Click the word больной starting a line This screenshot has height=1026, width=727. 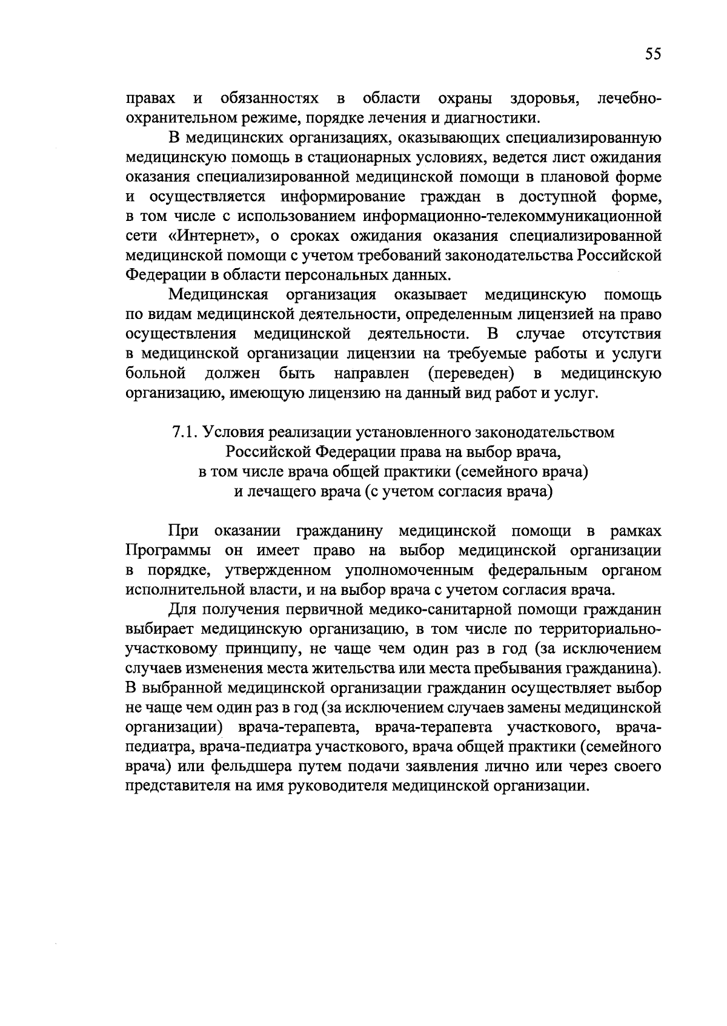[155, 373]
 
